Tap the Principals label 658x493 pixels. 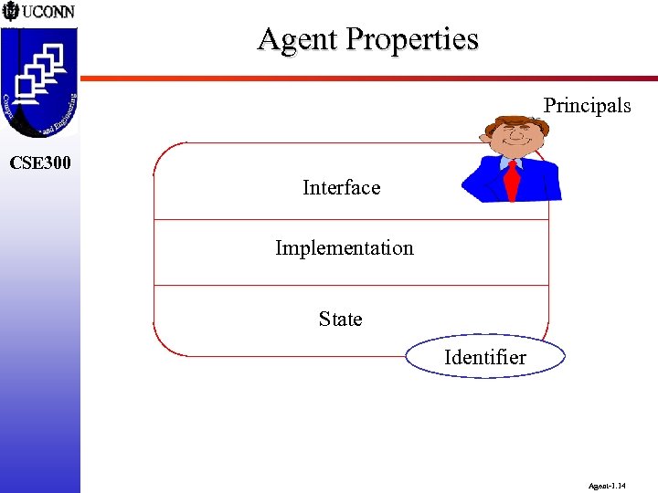(587, 106)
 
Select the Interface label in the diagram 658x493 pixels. (341, 188)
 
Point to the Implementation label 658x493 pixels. (344, 248)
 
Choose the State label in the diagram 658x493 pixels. (340, 320)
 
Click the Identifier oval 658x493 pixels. (484, 358)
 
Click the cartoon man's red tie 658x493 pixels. (512, 180)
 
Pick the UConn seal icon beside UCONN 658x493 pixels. (11, 12)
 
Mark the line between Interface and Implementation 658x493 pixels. (351, 220)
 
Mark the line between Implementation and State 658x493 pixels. (351, 286)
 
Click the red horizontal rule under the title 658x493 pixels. (366, 78)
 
